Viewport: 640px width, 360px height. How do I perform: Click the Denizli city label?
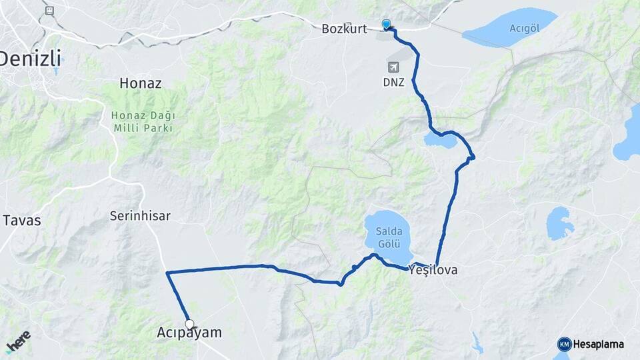(x=29, y=59)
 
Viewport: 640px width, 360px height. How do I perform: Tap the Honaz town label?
(x=141, y=83)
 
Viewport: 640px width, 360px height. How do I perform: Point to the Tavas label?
(x=22, y=220)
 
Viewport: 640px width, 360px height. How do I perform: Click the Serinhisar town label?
(x=141, y=216)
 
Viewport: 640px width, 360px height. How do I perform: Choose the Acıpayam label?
(x=189, y=332)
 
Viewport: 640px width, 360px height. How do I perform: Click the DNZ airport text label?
(x=393, y=83)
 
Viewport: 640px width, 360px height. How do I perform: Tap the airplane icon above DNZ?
(x=393, y=67)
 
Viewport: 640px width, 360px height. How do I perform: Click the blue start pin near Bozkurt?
(x=387, y=25)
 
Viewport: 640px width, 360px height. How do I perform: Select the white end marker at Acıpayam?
(x=190, y=325)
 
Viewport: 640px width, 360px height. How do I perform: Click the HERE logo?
(x=18, y=340)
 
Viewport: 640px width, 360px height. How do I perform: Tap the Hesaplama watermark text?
(x=599, y=344)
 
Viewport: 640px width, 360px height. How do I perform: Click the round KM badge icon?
(x=565, y=344)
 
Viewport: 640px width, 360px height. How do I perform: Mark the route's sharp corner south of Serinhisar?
(x=167, y=273)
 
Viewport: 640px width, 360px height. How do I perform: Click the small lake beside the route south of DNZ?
(x=439, y=140)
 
